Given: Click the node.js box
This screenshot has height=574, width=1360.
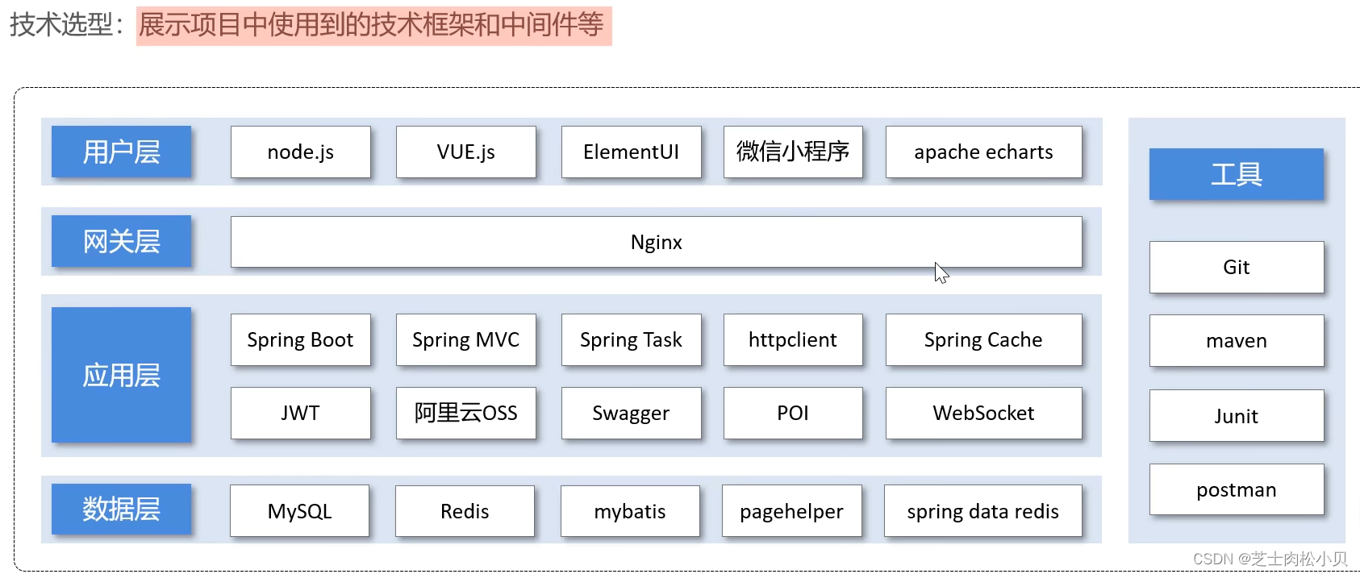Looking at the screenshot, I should tap(300, 152).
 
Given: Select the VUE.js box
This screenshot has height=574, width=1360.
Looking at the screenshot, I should tap(465, 152).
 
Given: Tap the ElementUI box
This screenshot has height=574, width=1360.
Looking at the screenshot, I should tap(631, 152).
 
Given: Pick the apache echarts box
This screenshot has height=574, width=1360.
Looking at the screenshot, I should tap(983, 152).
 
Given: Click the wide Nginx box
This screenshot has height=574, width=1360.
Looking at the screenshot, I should tap(656, 242).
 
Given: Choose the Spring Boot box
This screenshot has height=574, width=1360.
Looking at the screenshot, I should tap(300, 339).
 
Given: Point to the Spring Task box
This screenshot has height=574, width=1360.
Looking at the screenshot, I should tap(631, 339).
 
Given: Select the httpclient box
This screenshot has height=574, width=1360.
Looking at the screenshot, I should tap(792, 339).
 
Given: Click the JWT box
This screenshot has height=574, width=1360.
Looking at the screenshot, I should tap(300, 413).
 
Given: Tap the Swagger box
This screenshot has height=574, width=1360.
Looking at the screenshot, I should tap(631, 413).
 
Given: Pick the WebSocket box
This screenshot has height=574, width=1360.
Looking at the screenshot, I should tap(983, 413).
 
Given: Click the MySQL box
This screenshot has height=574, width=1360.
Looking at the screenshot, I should tap(299, 511).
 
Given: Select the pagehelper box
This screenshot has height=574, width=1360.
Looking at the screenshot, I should tap(791, 511).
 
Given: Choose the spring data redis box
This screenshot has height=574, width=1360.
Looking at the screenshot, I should tap(982, 511).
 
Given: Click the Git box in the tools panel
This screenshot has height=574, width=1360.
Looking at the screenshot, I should tap(1236, 267).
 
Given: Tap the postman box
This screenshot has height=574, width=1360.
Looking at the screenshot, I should tap(1236, 489).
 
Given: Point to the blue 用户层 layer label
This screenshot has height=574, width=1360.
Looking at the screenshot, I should tap(121, 152).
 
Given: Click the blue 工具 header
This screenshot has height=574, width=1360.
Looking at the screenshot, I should tap(1236, 174).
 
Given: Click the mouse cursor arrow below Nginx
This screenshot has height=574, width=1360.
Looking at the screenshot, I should tap(941, 272).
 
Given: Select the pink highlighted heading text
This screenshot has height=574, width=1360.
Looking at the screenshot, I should tap(373, 26).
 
